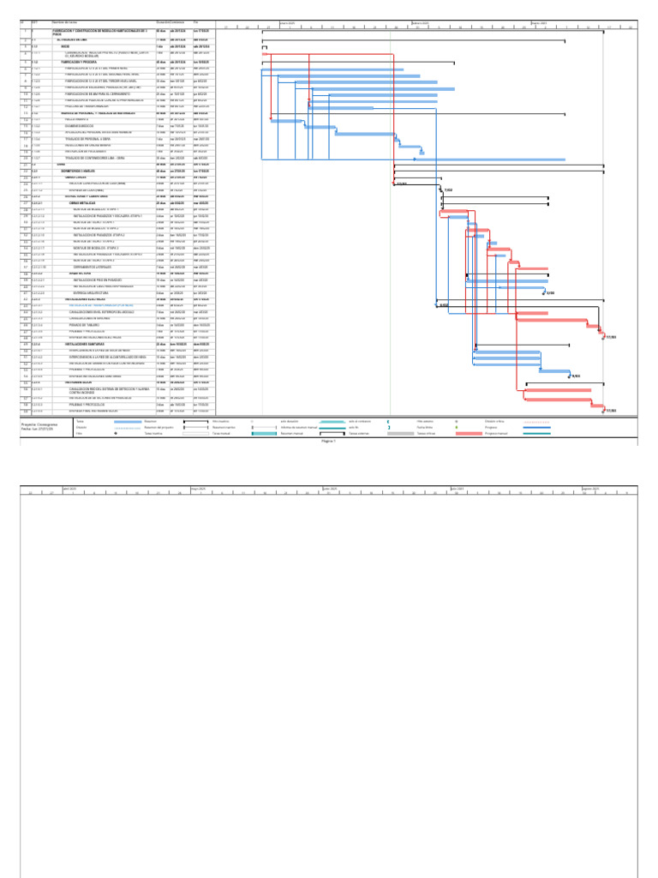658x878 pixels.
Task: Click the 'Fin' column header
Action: pos(197,21)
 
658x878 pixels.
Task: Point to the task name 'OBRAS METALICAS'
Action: pos(86,202)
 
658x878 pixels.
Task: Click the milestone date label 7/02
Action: pos(448,189)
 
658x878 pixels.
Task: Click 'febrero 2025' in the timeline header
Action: pos(421,22)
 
